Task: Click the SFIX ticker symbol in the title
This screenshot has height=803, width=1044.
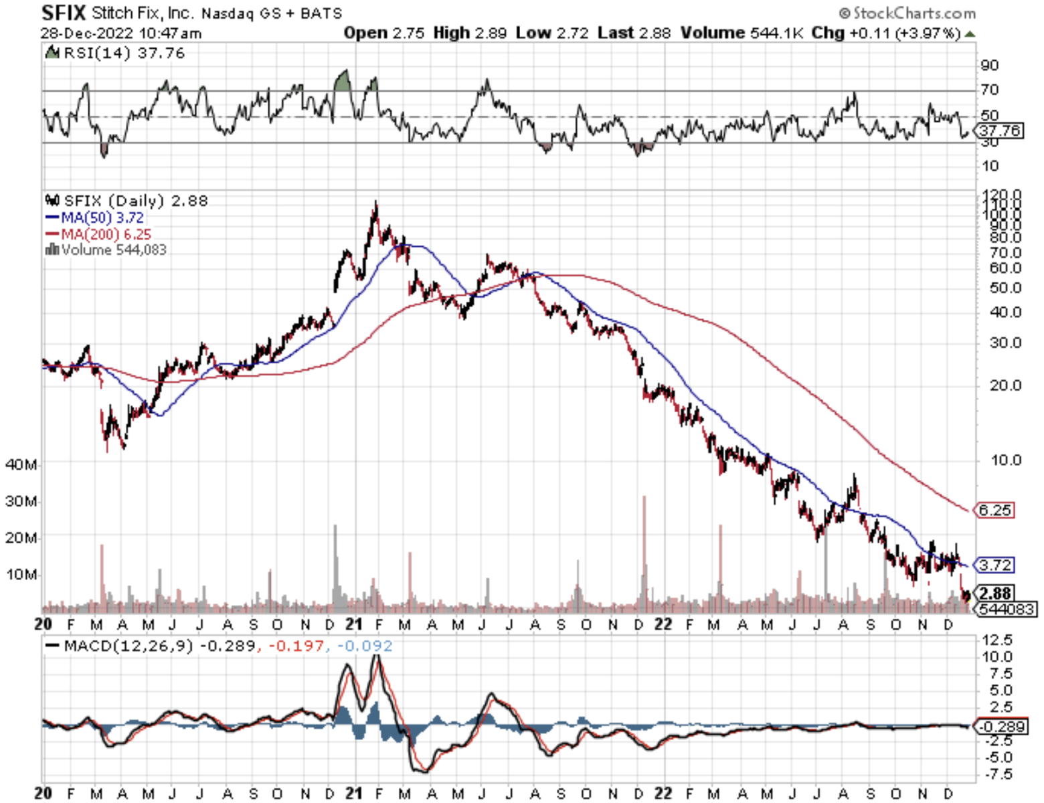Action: click(x=64, y=13)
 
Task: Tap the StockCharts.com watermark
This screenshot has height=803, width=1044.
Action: click(x=907, y=13)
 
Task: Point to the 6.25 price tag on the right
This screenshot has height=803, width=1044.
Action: click(x=995, y=510)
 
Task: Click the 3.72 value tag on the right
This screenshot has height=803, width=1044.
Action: click(x=995, y=565)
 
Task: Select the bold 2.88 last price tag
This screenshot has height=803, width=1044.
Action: click(x=994, y=593)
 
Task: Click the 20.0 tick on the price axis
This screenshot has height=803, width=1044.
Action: click(x=1006, y=385)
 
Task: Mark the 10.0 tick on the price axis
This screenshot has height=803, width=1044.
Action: click(x=1006, y=460)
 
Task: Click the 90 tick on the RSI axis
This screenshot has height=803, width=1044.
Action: click(x=990, y=65)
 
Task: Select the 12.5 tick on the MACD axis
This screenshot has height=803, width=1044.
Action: click(x=997, y=640)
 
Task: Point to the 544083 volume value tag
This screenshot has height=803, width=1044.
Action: click(x=1006, y=609)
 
